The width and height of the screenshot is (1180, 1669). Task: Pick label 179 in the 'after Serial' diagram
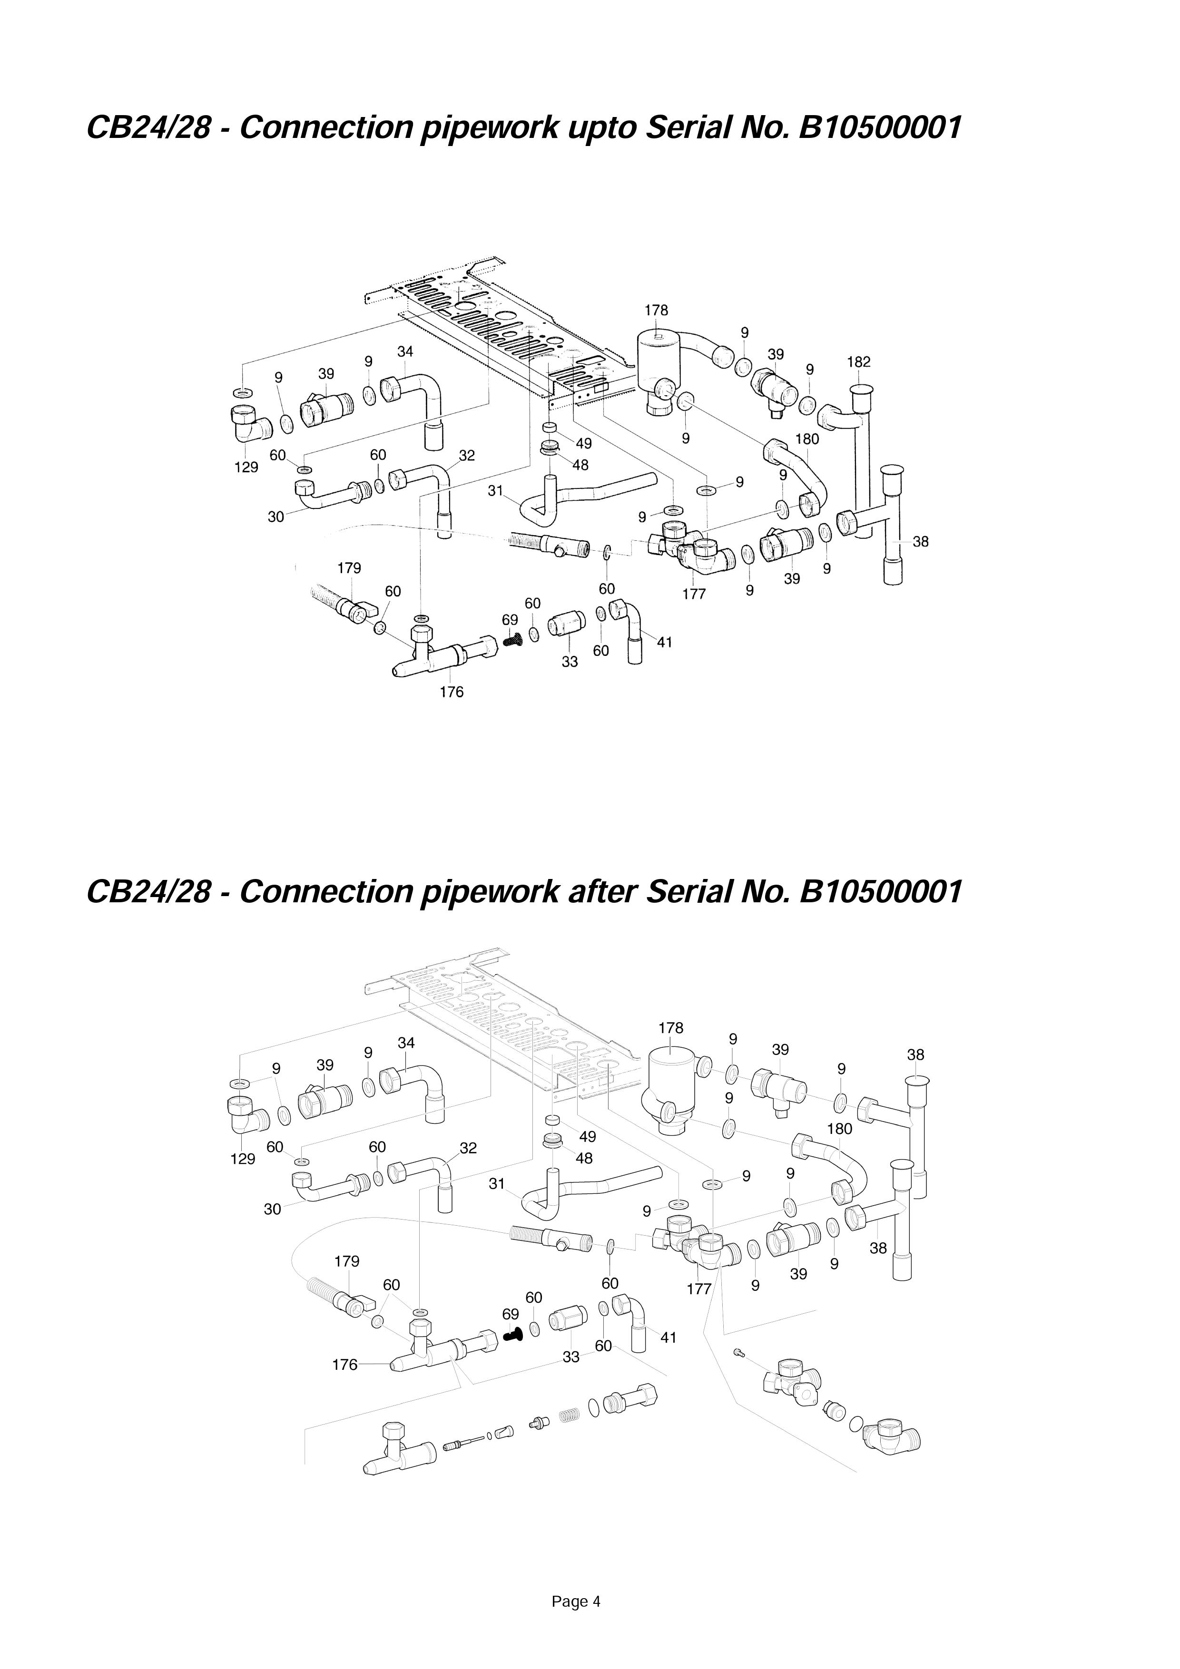click(x=347, y=1261)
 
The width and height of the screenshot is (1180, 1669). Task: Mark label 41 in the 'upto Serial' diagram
click(x=665, y=643)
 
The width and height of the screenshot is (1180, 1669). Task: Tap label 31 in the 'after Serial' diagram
click(x=497, y=1184)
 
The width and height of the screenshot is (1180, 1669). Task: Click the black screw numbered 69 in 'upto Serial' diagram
click(x=513, y=641)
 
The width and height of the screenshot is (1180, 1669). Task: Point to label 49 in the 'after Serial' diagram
click(x=588, y=1137)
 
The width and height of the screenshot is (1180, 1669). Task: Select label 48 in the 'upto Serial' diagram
click(x=580, y=465)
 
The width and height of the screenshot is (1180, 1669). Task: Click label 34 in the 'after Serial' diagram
click(x=406, y=1043)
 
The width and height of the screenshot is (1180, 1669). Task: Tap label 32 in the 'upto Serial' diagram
click(x=467, y=456)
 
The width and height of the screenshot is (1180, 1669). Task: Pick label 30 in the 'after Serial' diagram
click(x=272, y=1210)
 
